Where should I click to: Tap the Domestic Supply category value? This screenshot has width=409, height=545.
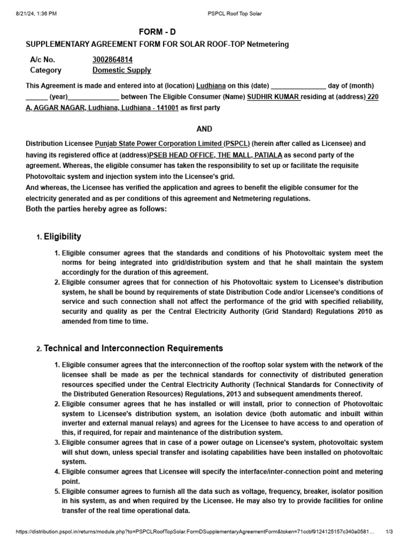point(121,70)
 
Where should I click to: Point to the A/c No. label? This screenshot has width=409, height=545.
point(43,60)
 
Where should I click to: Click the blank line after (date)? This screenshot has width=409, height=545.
point(298,86)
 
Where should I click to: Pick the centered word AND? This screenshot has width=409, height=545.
point(204,129)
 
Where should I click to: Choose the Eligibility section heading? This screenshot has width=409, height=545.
point(62,236)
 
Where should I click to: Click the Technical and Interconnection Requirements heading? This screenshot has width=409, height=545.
point(133,348)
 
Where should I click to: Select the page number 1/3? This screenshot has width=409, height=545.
point(389,532)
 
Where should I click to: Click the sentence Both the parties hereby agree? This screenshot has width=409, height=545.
point(96,209)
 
